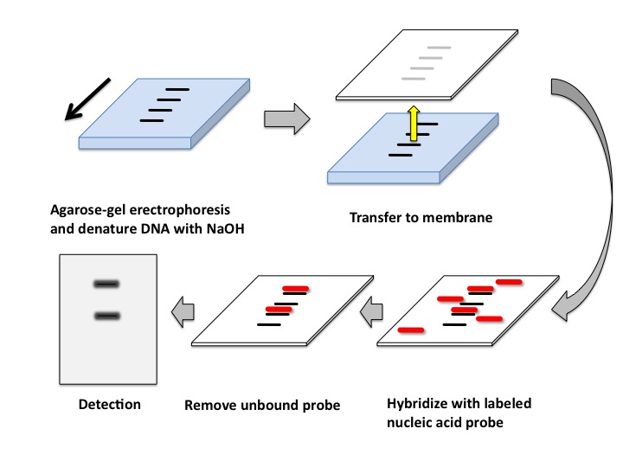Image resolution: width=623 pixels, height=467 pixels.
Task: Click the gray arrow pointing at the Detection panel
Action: [182, 307]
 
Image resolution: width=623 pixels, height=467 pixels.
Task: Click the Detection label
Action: [110, 404]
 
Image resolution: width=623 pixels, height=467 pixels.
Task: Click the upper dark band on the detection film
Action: [107, 283]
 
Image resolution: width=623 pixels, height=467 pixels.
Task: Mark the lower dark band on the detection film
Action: [107, 316]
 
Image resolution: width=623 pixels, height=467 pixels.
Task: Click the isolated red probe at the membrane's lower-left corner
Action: [410, 330]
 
